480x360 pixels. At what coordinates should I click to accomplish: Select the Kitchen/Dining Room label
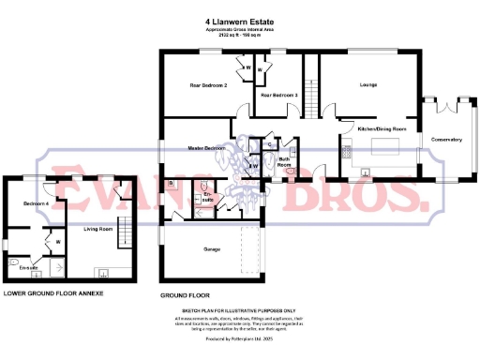tap(382, 127)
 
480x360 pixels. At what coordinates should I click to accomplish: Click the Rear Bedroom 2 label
tap(210, 85)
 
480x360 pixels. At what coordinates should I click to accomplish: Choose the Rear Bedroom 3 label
tap(279, 96)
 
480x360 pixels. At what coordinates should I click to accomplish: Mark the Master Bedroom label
tap(206, 148)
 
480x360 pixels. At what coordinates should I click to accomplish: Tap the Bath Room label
tap(284, 160)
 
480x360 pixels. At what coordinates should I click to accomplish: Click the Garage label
tap(211, 249)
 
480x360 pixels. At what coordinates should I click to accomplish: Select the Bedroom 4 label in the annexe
tap(35, 202)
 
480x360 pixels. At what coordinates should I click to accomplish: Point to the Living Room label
tap(97, 228)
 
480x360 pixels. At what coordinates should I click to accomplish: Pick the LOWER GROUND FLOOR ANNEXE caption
tap(52, 293)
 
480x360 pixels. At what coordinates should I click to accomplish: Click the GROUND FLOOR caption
tap(183, 294)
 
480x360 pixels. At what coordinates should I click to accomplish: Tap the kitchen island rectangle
tap(384, 148)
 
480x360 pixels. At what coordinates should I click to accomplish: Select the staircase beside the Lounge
tap(307, 87)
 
